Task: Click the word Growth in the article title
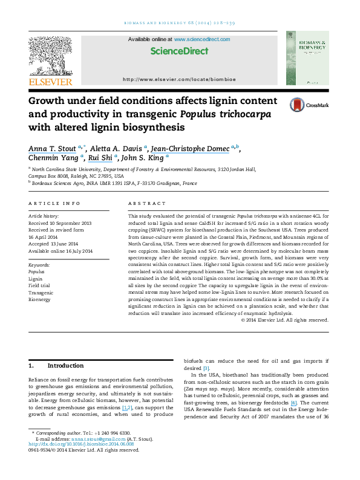pyautogui.click(x=50, y=101)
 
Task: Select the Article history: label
pyautogui.click(x=44, y=215)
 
